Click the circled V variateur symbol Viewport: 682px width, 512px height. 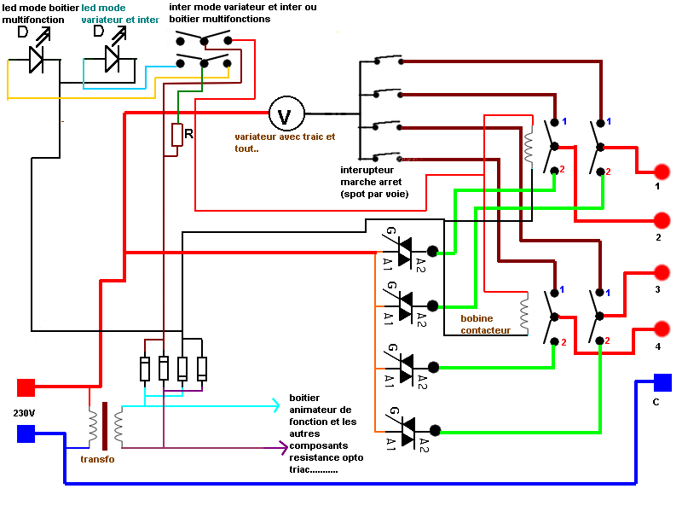pos(286,113)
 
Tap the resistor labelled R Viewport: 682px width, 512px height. pos(177,135)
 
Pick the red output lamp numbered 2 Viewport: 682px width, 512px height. pos(662,220)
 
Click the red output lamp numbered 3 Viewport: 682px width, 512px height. pos(662,273)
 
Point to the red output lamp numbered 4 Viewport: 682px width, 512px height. pos(662,329)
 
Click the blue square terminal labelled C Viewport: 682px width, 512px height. pos(662,382)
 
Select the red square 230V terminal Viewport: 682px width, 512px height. pos(26,388)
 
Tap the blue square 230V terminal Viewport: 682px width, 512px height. pos(26,433)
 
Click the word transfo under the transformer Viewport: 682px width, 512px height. pos(97,459)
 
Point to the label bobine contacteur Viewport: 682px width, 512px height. pos(485,324)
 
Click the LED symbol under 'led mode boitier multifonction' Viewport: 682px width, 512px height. pos(37,58)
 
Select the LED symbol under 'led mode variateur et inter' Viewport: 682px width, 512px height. pos(112,58)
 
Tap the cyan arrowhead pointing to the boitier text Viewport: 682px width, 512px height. pos(275,404)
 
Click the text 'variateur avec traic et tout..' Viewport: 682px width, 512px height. pos(285,143)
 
